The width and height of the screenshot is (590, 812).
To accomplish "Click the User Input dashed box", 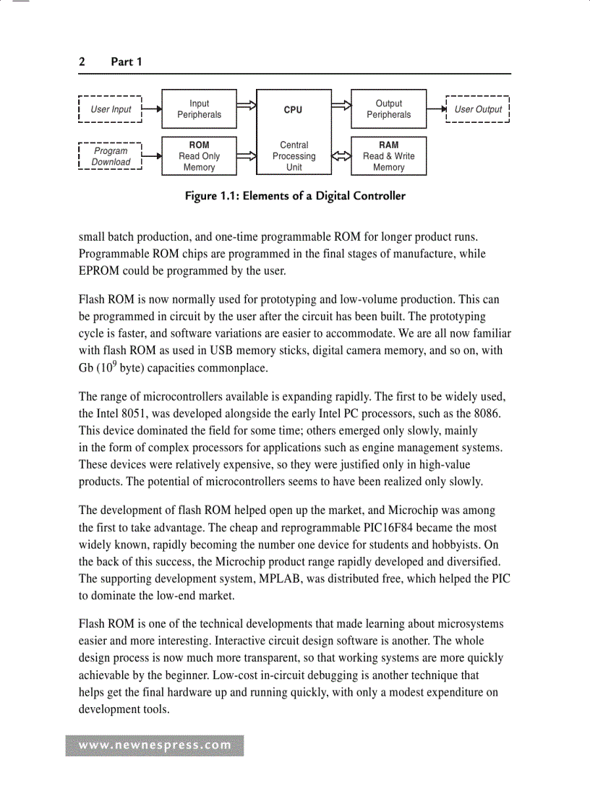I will [111, 110].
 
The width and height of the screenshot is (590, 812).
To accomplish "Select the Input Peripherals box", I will [199, 109].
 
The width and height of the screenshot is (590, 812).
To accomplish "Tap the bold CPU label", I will [293, 110].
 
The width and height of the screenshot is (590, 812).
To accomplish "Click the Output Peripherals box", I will [388, 109].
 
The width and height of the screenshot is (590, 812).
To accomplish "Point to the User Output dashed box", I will [478, 110].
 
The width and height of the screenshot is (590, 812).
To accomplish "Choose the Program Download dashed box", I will [111, 157].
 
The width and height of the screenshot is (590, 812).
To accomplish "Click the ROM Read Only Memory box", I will [199, 156].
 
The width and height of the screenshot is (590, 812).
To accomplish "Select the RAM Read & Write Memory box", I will [388, 156].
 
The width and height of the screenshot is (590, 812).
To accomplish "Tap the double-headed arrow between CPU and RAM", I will [341, 156].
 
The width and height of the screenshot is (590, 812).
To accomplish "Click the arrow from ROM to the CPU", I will [247, 156].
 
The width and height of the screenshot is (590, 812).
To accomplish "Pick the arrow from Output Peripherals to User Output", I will [437, 110].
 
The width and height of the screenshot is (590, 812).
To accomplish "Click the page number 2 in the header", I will [82, 62].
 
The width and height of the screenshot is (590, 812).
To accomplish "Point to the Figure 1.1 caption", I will [295, 196].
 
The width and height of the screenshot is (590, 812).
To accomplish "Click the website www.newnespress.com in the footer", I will [155, 745].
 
